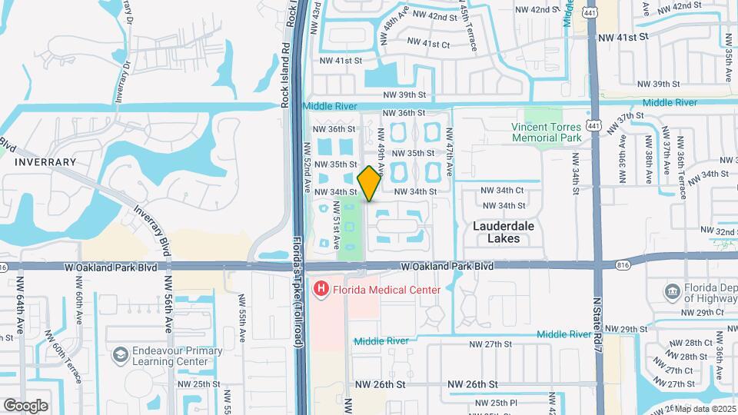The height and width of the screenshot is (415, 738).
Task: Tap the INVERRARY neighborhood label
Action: pyautogui.click(x=45, y=162)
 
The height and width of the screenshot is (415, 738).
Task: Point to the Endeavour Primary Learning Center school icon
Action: pyautogui.click(x=120, y=355)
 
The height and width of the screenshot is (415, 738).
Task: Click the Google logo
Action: pyautogui.click(x=25, y=405)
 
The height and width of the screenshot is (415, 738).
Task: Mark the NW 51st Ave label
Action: pyautogui.click(x=336, y=225)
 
